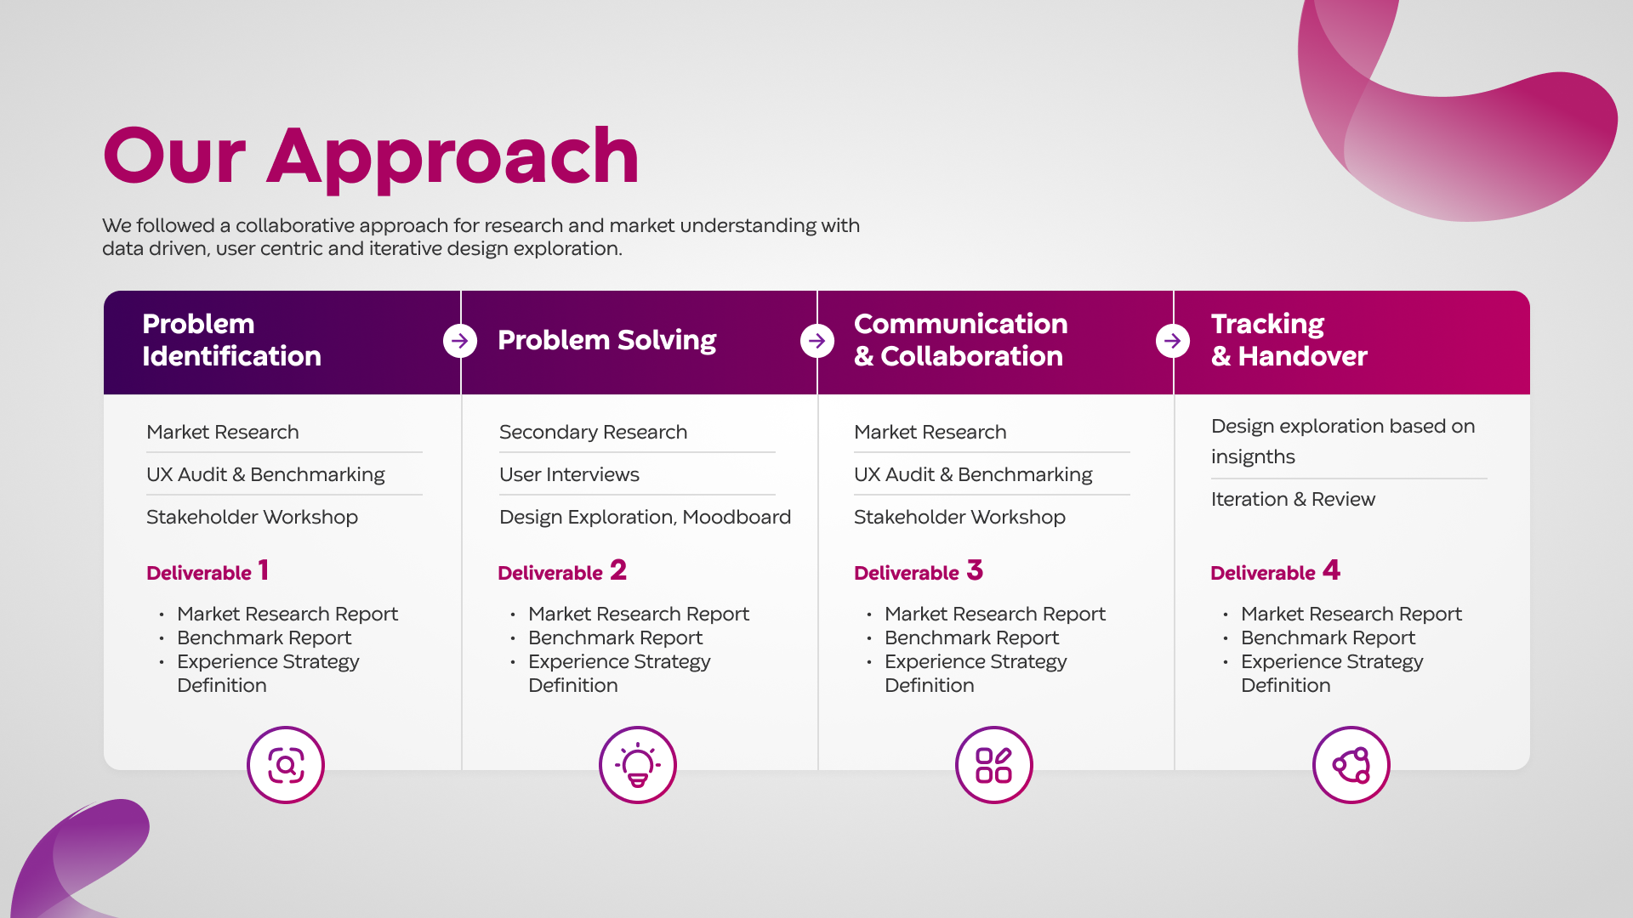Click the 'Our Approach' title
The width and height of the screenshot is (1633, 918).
[x=370, y=156]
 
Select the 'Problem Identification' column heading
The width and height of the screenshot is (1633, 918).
[x=231, y=340]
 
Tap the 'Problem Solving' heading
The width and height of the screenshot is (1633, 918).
[x=606, y=340]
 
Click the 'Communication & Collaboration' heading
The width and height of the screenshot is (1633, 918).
[x=959, y=340]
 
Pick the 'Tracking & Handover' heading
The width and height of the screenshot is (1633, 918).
[x=1289, y=340]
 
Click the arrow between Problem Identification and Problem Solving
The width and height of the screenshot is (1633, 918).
[x=460, y=341]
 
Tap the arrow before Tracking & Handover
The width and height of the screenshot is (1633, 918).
[x=1173, y=341]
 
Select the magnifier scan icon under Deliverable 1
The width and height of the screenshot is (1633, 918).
[x=286, y=765]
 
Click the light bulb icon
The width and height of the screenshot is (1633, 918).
[x=638, y=765]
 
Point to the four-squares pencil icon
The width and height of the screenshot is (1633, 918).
[x=993, y=765]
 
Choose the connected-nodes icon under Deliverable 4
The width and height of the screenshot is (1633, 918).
[x=1351, y=765]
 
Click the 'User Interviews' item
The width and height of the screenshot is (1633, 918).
[x=569, y=474]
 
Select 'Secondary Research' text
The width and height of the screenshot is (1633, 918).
[x=593, y=432]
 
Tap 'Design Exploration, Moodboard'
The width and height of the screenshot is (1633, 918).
[x=645, y=517]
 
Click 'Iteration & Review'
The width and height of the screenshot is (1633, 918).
[x=1293, y=499]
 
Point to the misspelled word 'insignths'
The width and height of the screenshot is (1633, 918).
[x=1253, y=457]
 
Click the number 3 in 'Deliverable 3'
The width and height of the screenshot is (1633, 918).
[x=975, y=569]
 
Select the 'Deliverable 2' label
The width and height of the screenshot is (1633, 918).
[x=561, y=571]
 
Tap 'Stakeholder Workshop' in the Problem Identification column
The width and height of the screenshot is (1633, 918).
[x=252, y=517]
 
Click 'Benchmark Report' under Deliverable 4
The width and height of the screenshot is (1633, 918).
[x=1328, y=637]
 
